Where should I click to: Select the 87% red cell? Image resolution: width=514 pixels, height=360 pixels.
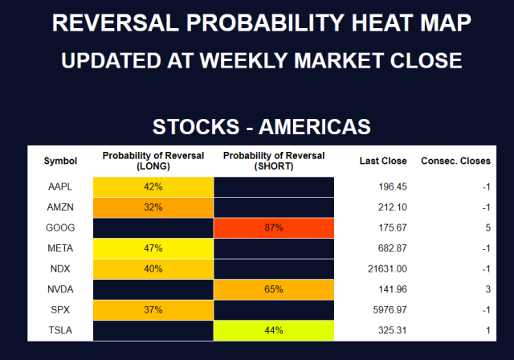click(273, 227)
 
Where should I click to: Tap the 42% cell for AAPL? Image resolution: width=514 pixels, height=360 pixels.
click(153, 186)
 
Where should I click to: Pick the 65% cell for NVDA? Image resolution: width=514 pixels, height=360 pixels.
click(273, 288)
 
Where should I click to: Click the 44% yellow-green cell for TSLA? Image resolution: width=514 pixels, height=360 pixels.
click(273, 329)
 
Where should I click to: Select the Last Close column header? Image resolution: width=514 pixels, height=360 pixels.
click(383, 161)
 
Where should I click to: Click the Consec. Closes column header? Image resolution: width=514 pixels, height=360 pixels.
click(455, 161)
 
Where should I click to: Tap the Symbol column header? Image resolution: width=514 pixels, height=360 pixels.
click(60, 161)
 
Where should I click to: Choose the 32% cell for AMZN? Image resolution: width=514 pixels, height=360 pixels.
click(153, 207)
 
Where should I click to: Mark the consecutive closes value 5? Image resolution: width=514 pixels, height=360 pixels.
click(487, 227)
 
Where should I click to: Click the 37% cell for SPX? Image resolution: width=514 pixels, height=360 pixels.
click(153, 309)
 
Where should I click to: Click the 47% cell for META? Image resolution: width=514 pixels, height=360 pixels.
click(153, 247)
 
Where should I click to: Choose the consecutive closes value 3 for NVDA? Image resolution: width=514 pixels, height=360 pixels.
click(487, 288)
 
